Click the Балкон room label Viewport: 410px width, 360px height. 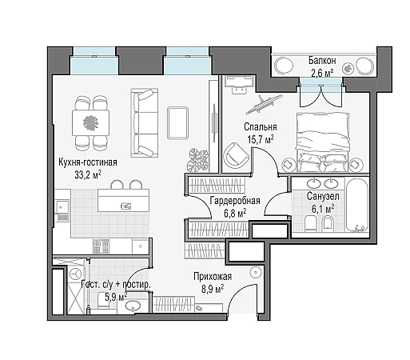coord(322,61)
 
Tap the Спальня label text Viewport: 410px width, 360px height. coord(260,126)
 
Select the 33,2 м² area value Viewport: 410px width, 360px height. coord(88,174)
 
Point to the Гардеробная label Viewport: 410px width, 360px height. coord(235,200)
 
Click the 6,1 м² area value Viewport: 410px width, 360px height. coord(323,209)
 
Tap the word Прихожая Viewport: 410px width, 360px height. coord(213,277)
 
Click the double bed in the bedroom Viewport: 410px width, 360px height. coord(322,142)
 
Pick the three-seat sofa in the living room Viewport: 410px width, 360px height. coord(145,123)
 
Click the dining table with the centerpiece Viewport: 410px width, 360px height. coord(90,123)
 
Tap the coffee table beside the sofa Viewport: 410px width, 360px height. coord(177,123)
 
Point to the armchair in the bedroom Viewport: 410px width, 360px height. coord(236,155)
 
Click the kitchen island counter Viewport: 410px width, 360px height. coord(123,200)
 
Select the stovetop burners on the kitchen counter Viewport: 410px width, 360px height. coord(102,246)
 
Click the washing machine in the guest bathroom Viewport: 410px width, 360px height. coord(76,274)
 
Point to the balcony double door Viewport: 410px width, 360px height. coord(320,95)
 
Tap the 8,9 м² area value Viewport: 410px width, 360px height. coord(213,289)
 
